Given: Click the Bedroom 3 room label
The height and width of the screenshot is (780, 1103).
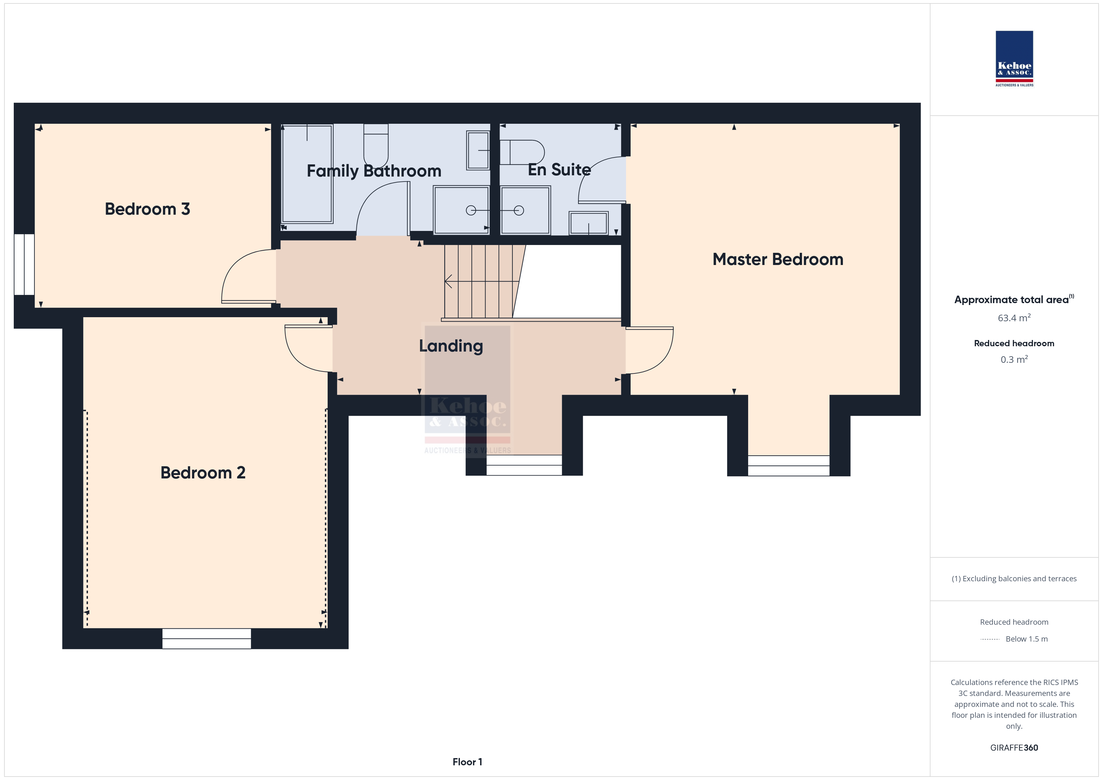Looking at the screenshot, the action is [x=148, y=209].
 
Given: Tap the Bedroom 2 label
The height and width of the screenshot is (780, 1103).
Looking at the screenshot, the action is [x=203, y=472].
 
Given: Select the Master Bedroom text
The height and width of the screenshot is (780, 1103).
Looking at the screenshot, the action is [x=778, y=259].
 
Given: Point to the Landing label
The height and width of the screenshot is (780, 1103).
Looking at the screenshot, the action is [x=451, y=346].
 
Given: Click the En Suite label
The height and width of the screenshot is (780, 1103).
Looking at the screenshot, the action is [x=559, y=170].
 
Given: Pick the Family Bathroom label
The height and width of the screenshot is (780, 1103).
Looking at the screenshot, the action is [x=374, y=171].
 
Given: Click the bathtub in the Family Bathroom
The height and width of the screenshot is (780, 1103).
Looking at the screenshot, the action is [x=307, y=174].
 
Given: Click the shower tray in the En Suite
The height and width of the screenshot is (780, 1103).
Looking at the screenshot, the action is [x=525, y=210].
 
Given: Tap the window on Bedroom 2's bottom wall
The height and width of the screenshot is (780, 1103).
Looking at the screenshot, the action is [x=207, y=639].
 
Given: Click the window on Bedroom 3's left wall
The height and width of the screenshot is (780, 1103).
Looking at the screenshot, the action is [x=24, y=265].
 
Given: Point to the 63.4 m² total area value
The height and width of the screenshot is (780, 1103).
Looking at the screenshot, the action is [x=1014, y=318].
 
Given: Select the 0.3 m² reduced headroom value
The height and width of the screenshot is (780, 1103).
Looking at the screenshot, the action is [x=1014, y=359].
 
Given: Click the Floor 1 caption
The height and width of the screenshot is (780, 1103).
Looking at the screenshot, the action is [x=467, y=762].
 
